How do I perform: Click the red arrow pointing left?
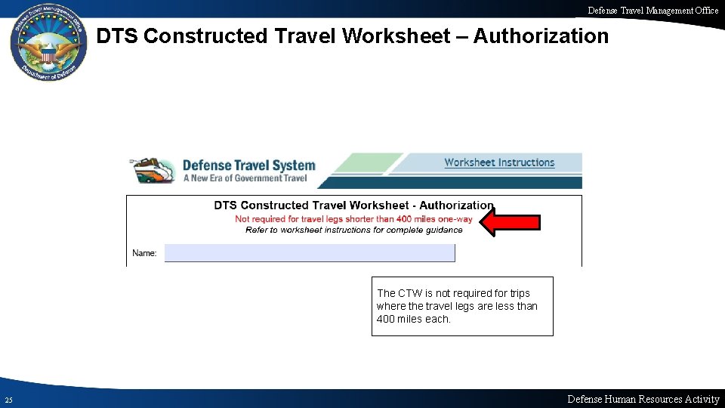pyautogui.click(x=511, y=222)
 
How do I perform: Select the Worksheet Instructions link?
pyautogui.click(x=499, y=162)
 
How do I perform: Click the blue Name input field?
pyautogui.click(x=310, y=253)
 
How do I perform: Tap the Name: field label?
pyautogui.click(x=144, y=253)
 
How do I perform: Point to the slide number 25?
pyautogui.click(x=8, y=400)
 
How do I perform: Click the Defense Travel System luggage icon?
pyautogui.click(x=153, y=171)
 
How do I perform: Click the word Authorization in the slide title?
pyautogui.click(x=540, y=36)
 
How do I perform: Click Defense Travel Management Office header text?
pyautogui.click(x=653, y=10)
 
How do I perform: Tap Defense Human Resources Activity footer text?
pyautogui.click(x=643, y=399)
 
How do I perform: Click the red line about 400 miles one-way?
pyautogui.click(x=353, y=219)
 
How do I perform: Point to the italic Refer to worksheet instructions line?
pyautogui.click(x=353, y=230)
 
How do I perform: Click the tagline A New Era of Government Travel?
pyautogui.click(x=245, y=178)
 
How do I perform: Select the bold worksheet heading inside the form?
pyautogui.click(x=353, y=206)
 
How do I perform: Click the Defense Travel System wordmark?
pyautogui.click(x=249, y=165)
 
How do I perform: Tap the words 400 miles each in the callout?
pyautogui.click(x=413, y=319)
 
